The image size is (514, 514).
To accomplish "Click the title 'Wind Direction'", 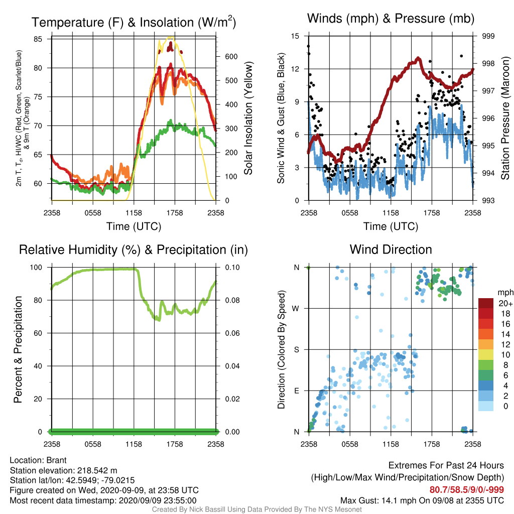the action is click(x=391, y=249).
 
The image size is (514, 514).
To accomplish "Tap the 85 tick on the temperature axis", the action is click(x=38, y=39).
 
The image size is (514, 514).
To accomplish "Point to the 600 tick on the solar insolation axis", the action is click(x=231, y=56).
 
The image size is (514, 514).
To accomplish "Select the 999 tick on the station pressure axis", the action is click(x=488, y=36).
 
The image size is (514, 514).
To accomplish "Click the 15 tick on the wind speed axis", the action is click(x=295, y=36).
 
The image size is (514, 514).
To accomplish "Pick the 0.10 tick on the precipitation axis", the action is click(x=232, y=268).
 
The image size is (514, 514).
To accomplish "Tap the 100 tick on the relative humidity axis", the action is click(x=36, y=268).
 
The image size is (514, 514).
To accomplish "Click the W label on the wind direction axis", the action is click(x=296, y=309).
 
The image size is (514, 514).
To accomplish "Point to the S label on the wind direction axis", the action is click(x=296, y=349).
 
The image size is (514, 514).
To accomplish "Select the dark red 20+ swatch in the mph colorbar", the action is click(x=485, y=303).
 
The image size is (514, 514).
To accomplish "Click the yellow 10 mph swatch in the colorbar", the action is click(x=485, y=355).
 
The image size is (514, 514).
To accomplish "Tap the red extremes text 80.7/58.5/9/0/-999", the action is click(x=467, y=490).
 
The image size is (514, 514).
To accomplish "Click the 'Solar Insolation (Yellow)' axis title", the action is click(x=248, y=118).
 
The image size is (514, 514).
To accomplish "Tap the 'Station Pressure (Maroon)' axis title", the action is click(x=505, y=118).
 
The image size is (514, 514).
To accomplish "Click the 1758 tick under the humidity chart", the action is click(x=175, y=444).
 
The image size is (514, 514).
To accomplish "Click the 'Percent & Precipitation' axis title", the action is click(x=18, y=349).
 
